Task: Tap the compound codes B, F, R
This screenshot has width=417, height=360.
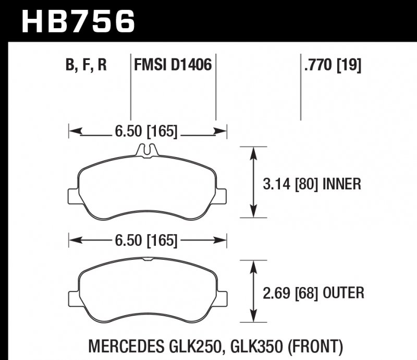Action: pos(86,66)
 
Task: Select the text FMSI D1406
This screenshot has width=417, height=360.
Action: pos(173,66)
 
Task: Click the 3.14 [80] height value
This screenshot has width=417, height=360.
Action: pos(290,184)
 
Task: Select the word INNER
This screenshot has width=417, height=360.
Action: pos(342,184)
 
